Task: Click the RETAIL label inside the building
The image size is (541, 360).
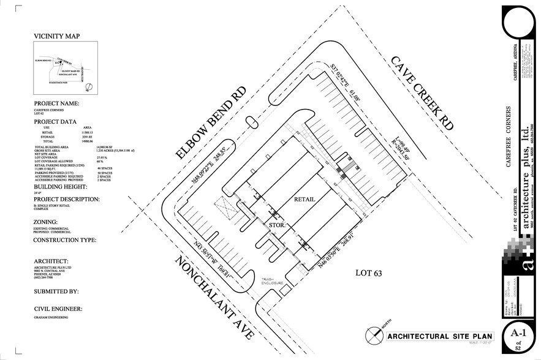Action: click(x=305, y=198)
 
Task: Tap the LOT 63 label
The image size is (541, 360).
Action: click(x=368, y=273)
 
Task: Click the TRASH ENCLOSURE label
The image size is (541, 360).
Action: click(x=271, y=280)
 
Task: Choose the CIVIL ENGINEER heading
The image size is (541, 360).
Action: click(x=60, y=308)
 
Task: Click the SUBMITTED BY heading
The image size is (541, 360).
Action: click(x=56, y=291)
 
